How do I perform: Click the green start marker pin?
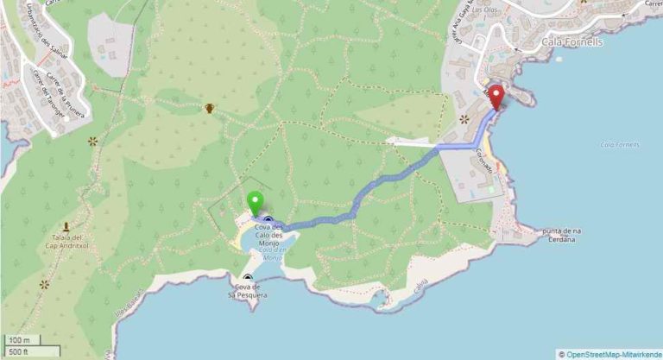(255, 203)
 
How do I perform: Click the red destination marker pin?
(496, 96)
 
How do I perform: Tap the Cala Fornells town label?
(571, 41)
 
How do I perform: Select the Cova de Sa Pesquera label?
(247, 291)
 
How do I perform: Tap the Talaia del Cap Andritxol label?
(66, 243)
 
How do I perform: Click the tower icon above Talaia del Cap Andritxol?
(66, 226)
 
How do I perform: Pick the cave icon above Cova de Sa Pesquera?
(248, 278)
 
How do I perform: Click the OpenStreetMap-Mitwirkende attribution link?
(614, 354)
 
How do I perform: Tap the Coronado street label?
(483, 160)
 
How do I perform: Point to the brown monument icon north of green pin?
(210, 109)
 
